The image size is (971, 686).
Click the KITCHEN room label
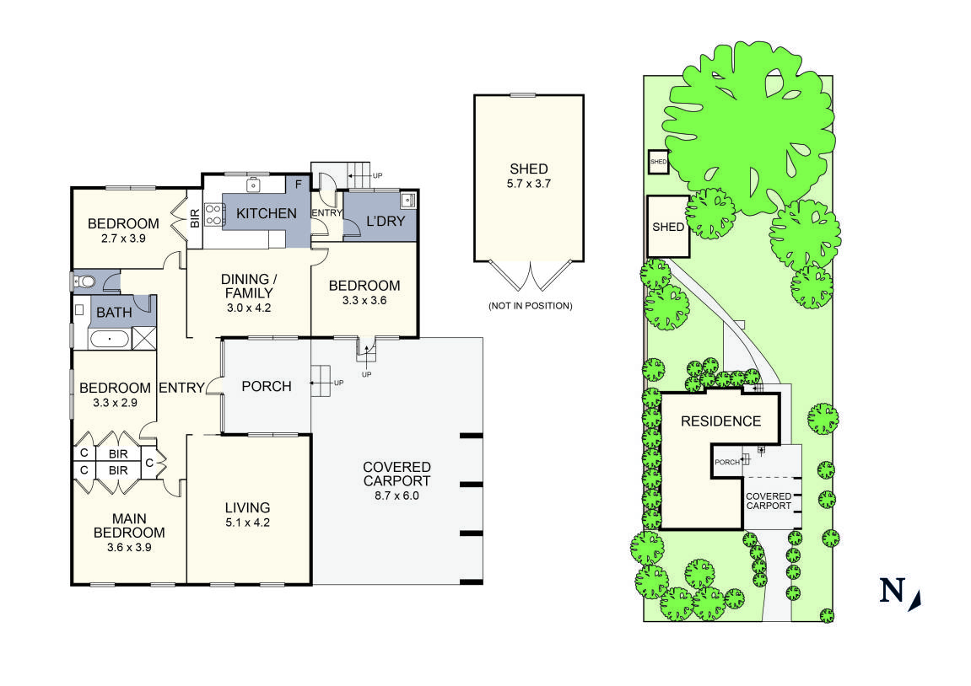[x=267, y=213]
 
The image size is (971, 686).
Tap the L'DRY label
[x=386, y=221]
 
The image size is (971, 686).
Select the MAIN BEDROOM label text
[x=129, y=526]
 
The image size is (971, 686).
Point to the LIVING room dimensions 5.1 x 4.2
[x=247, y=523]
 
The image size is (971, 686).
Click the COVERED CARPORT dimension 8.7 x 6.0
[x=396, y=496]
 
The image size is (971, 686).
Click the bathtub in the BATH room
[x=111, y=339]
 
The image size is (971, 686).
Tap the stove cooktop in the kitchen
[x=213, y=215]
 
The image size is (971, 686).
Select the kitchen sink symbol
[x=252, y=185]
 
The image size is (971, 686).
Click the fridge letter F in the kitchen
[x=298, y=185]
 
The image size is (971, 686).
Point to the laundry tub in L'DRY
[x=408, y=200]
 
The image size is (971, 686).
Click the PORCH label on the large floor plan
[x=267, y=387]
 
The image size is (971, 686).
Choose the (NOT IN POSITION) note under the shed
[x=530, y=306]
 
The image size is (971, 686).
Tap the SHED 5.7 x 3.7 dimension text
[x=528, y=184]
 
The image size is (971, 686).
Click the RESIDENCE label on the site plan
[x=720, y=421]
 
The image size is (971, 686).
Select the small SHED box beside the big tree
[x=658, y=162]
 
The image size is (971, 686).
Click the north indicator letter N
[x=893, y=591]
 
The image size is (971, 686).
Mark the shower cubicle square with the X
[x=144, y=339]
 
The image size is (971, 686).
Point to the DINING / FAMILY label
[x=248, y=287]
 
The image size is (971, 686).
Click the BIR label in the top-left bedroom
[x=194, y=217]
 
